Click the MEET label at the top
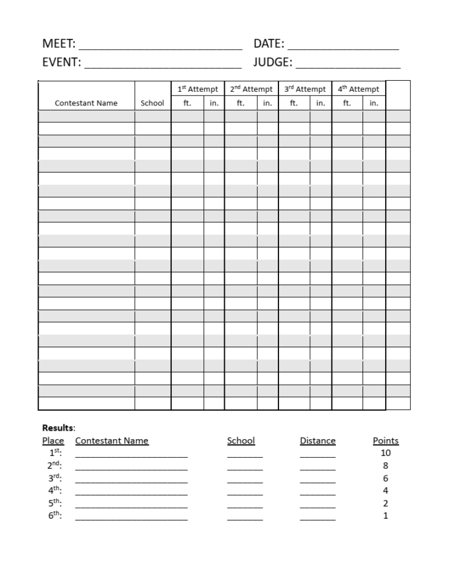tap(58, 44)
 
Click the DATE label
tap(268, 44)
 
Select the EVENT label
tap(61, 63)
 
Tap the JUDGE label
tap(273, 63)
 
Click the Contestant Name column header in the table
tap(86, 103)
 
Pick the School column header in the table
tap(152, 103)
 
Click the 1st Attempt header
tap(198, 89)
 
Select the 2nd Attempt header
tap(251, 89)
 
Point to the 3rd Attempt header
tap(305, 89)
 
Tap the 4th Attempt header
tap(359, 89)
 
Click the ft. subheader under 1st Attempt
tap(187, 103)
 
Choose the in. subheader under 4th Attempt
tap(374, 103)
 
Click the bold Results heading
tap(58, 427)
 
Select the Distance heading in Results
tap(317, 441)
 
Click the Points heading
tap(386, 441)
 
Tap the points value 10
tap(386, 453)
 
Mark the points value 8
tap(386, 466)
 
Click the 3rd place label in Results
tap(54, 479)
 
